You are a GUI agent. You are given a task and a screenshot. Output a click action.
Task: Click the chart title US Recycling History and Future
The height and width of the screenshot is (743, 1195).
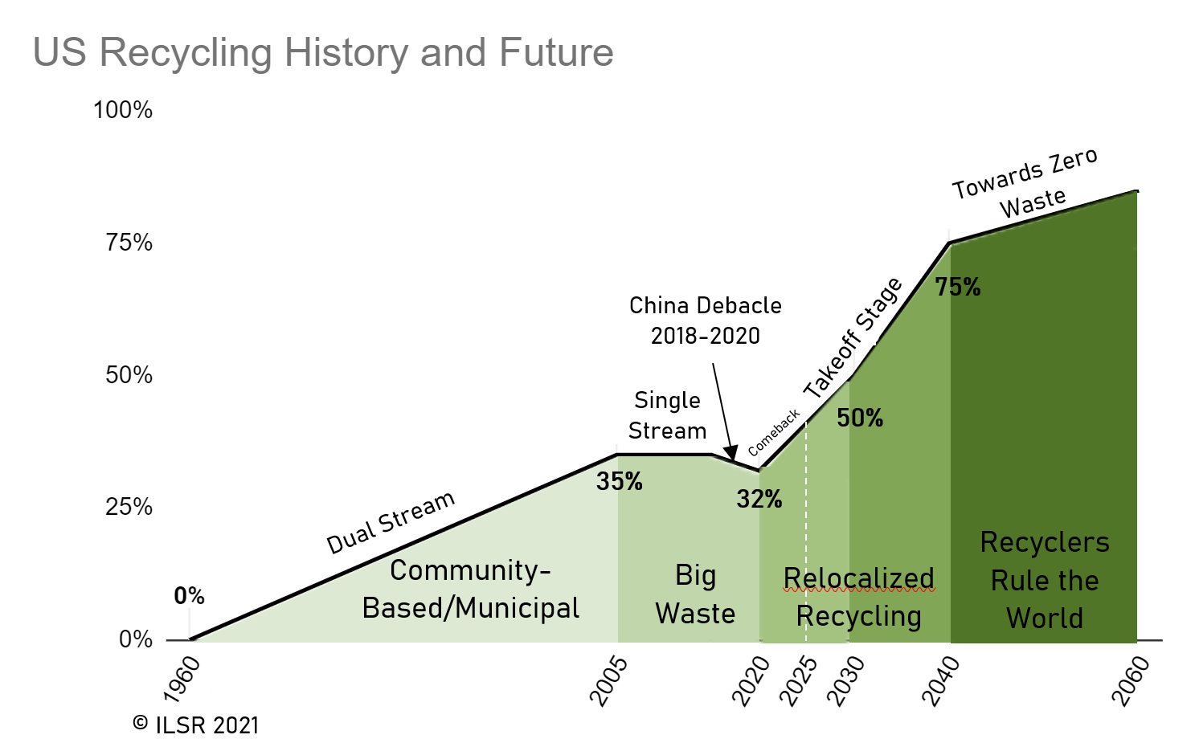point(323,53)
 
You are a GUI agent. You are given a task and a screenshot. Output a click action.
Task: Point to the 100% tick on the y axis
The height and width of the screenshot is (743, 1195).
point(123,110)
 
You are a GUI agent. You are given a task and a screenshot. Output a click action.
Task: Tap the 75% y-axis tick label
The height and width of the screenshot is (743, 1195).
point(129,243)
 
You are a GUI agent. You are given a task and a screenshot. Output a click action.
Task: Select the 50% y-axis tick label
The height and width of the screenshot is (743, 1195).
point(129,375)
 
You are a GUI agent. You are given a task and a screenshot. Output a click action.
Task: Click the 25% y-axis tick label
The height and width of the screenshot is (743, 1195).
point(129,507)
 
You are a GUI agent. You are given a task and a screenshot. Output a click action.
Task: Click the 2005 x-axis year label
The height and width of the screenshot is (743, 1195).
point(608,681)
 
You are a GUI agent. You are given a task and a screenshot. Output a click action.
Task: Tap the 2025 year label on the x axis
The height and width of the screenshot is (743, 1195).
point(800,681)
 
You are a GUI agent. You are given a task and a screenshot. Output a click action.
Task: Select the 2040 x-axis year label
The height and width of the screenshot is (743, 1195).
point(941,681)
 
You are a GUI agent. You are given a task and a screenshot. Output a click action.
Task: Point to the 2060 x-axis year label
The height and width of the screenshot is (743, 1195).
point(1131,681)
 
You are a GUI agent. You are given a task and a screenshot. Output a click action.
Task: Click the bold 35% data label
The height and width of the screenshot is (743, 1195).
point(619,482)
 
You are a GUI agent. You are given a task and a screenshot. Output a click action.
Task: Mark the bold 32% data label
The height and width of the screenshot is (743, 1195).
point(759,500)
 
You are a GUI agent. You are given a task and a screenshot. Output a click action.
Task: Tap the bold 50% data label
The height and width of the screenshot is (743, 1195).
point(860,418)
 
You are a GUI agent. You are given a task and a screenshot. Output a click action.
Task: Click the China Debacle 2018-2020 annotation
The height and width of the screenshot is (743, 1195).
point(705,320)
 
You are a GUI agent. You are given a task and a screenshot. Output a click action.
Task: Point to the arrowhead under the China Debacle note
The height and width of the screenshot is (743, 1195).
point(730,451)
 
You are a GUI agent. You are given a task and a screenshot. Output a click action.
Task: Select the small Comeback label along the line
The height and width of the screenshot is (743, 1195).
point(774,432)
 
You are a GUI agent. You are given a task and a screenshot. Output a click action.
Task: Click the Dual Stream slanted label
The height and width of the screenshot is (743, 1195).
point(391,522)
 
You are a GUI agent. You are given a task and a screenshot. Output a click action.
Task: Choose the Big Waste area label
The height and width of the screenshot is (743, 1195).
point(695,594)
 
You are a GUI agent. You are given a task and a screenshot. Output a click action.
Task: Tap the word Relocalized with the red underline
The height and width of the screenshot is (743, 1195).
point(859,578)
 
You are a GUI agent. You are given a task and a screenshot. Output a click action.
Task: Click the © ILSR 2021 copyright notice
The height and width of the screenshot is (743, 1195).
point(196,725)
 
